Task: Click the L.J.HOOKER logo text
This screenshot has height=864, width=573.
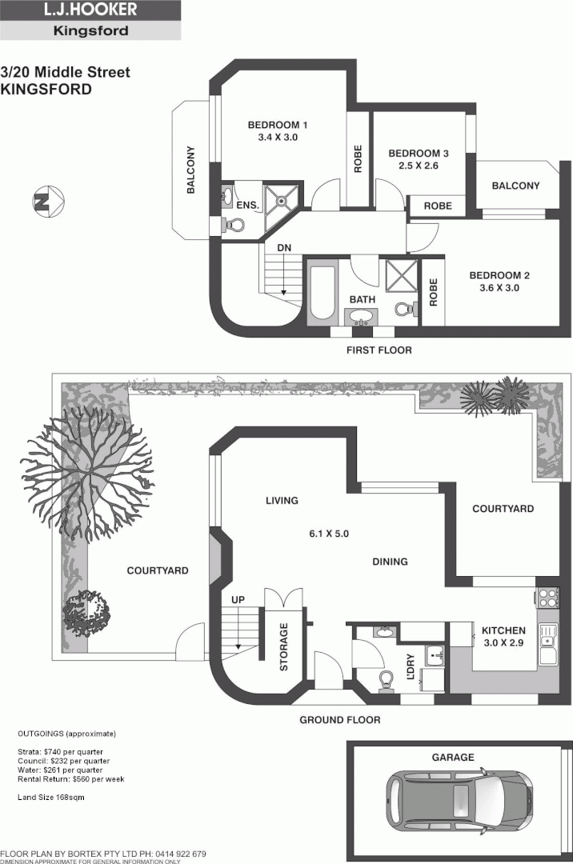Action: (90, 10)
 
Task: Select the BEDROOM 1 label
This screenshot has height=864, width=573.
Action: (277, 125)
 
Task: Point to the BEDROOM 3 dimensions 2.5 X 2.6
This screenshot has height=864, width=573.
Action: (414, 166)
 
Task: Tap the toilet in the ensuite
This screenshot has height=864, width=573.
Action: (233, 226)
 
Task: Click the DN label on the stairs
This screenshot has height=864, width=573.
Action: (283, 248)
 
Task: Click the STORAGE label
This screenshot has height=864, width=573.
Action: (284, 646)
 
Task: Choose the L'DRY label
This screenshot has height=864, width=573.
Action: (411, 667)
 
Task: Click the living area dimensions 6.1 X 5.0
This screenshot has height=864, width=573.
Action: (331, 534)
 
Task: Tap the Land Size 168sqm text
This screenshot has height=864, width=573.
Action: (51, 798)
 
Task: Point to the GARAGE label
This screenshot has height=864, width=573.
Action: (455, 757)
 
